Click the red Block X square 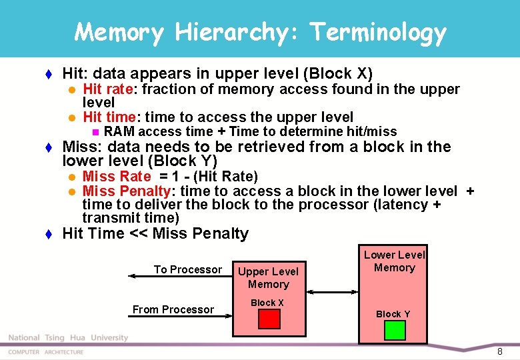click(269, 319)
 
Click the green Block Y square click(395, 331)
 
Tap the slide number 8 click(499, 351)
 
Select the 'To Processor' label click(188, 269)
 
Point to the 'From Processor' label click(173, 309)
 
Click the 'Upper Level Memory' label click(269, 278)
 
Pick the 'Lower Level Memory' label click(394, 261)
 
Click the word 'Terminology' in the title click(378, 31)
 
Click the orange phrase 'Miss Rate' click(117, 177)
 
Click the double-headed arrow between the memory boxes click(332, 291)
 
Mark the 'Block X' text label click(267, 303)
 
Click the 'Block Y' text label click(393, 314)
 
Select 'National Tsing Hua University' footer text click(68, 338)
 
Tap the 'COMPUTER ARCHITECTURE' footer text click(46, 352)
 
